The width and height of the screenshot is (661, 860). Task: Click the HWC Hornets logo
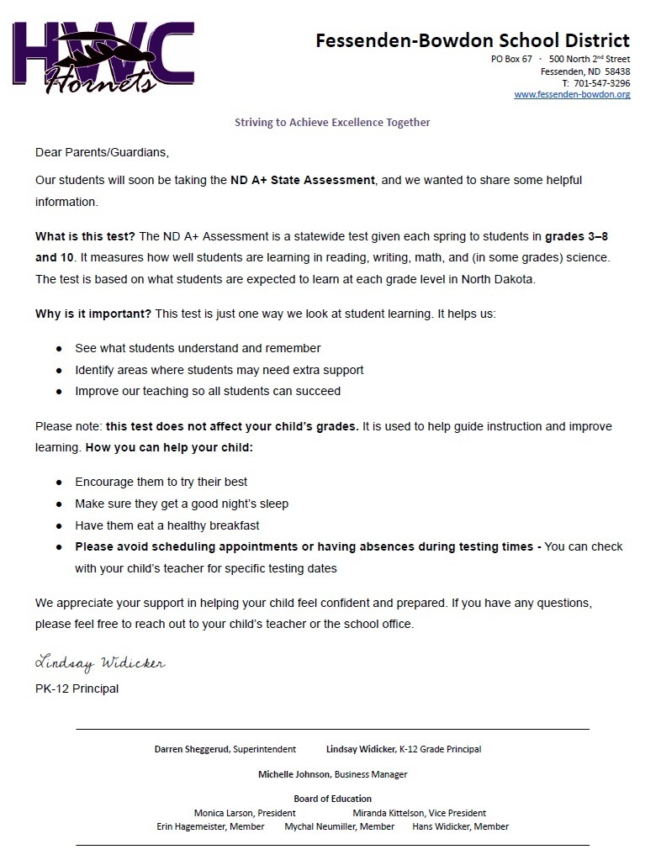point(103,57)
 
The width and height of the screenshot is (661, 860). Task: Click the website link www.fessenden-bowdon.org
point(572,95)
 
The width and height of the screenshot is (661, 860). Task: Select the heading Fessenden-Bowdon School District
point(472,40)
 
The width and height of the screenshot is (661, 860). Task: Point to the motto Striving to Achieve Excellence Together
point(331,123)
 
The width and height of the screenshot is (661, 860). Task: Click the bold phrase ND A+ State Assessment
point(302,180)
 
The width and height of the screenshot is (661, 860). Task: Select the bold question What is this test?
point(86,235)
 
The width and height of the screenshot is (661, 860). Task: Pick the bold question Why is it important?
point(93,314)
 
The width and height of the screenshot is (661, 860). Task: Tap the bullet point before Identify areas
point(59,370)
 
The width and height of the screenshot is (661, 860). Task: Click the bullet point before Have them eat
point(59,525)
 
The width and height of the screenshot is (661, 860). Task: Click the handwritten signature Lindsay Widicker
point(100,663)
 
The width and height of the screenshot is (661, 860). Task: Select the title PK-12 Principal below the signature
point(77,689)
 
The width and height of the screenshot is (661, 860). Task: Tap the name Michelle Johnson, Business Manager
point(332,774)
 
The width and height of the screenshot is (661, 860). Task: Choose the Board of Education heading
point(332,799)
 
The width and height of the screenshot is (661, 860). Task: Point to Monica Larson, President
point(245,813)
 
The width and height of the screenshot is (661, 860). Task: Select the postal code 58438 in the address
point(617,71)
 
